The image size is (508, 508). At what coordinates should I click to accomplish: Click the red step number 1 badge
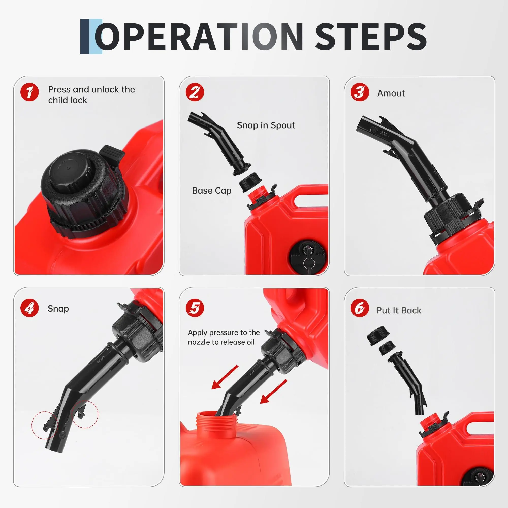tap(29, 92)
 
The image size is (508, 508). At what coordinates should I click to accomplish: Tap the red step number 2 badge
tap(195, 92)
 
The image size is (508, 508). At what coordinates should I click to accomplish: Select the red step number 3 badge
tap(360, 92)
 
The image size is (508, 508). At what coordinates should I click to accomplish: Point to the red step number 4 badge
tap(29, 308)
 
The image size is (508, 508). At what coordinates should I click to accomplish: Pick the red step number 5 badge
tap(195, 308)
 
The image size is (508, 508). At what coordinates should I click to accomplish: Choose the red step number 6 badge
tap(360, 308)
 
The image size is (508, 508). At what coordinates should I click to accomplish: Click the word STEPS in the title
tap(371, 37)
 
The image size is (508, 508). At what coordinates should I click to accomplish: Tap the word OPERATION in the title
tap(199, 37)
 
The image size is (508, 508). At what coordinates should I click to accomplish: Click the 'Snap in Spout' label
tap(266, 125)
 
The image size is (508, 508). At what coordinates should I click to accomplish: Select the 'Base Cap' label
tap(212, 190)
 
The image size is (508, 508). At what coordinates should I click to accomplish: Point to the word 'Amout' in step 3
tap(391, 93)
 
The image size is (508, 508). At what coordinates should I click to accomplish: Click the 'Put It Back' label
tap(399, 310)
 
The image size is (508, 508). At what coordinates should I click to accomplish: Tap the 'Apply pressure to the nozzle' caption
tap(224, 337)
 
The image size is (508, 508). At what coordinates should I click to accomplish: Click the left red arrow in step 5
tap(225, 377)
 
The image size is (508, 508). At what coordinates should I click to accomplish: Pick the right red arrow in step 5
tap(274, 391)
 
